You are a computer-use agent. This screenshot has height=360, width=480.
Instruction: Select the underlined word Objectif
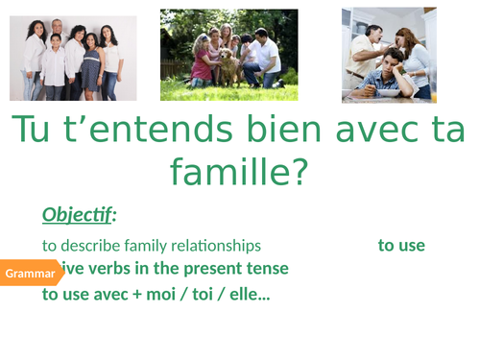(x=76, y=214)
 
